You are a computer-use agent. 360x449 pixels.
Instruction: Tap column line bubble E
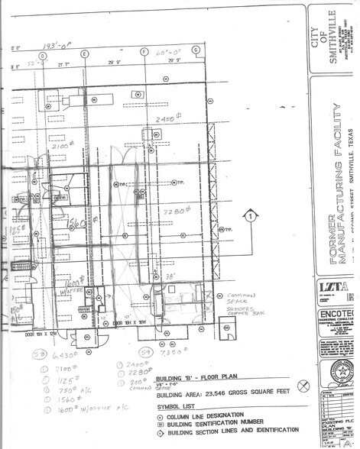click(x=85, y=53)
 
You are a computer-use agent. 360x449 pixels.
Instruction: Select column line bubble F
click(x=144, y=51)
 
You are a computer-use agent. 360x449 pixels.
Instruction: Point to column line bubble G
click(x=196, y=50)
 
